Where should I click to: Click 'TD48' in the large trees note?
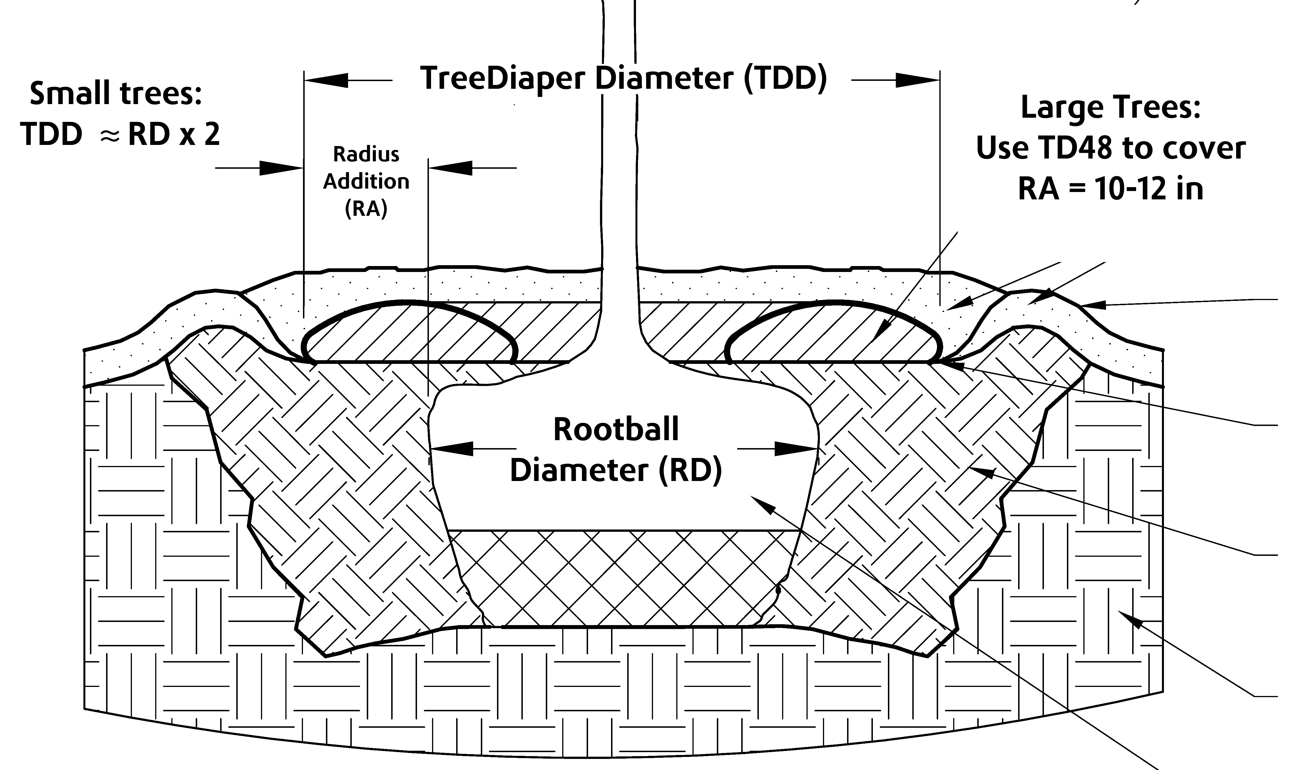click(x=1083, y=148)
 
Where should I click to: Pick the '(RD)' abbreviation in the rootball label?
click(x=690, y=470)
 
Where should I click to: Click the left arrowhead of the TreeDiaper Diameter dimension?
click(x=327, y=80)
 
